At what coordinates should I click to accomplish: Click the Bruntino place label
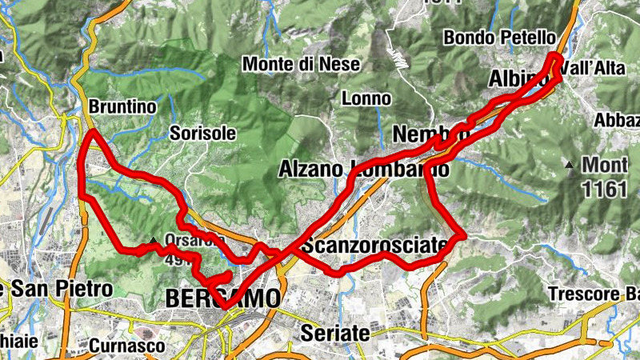(122, 106)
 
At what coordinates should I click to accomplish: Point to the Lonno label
(366, 99)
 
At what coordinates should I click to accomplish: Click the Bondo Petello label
(499, 37)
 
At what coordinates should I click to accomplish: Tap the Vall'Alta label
(594, 69)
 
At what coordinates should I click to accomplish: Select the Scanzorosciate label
(373, 245)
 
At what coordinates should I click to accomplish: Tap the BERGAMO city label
(223, 298)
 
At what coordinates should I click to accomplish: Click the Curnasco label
(126, 346)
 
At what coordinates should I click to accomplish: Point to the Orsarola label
(189, 239)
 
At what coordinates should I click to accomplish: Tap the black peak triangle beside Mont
(569, 166)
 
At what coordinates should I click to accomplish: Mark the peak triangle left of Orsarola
(153, 239)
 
